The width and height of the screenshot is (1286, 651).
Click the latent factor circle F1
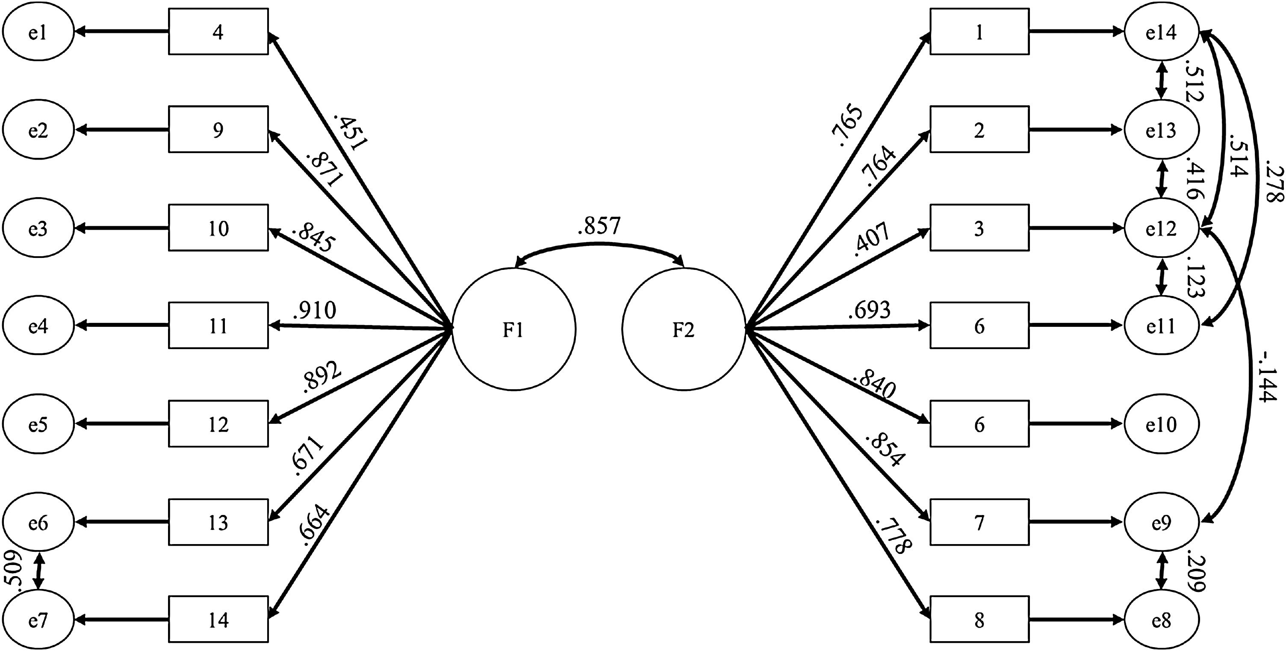tap(514, 329)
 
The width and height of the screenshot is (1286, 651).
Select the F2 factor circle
tap(684, 329)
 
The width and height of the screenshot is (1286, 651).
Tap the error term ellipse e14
tap(1161, 33)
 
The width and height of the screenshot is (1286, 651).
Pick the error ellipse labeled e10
tap(1161, 424)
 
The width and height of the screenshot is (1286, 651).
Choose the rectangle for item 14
tap(218, 619)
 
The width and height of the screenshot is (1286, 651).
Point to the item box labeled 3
tap(979, 228)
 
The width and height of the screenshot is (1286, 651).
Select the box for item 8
tap(979, 619)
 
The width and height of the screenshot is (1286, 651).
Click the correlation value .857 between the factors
tap(599, 226)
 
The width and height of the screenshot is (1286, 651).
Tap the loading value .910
tap(315, 311)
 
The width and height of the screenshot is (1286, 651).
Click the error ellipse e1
tap(38, 33)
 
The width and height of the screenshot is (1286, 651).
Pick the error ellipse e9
tap(1161, 523)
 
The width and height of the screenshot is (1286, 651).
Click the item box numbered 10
tap(218, 228)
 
